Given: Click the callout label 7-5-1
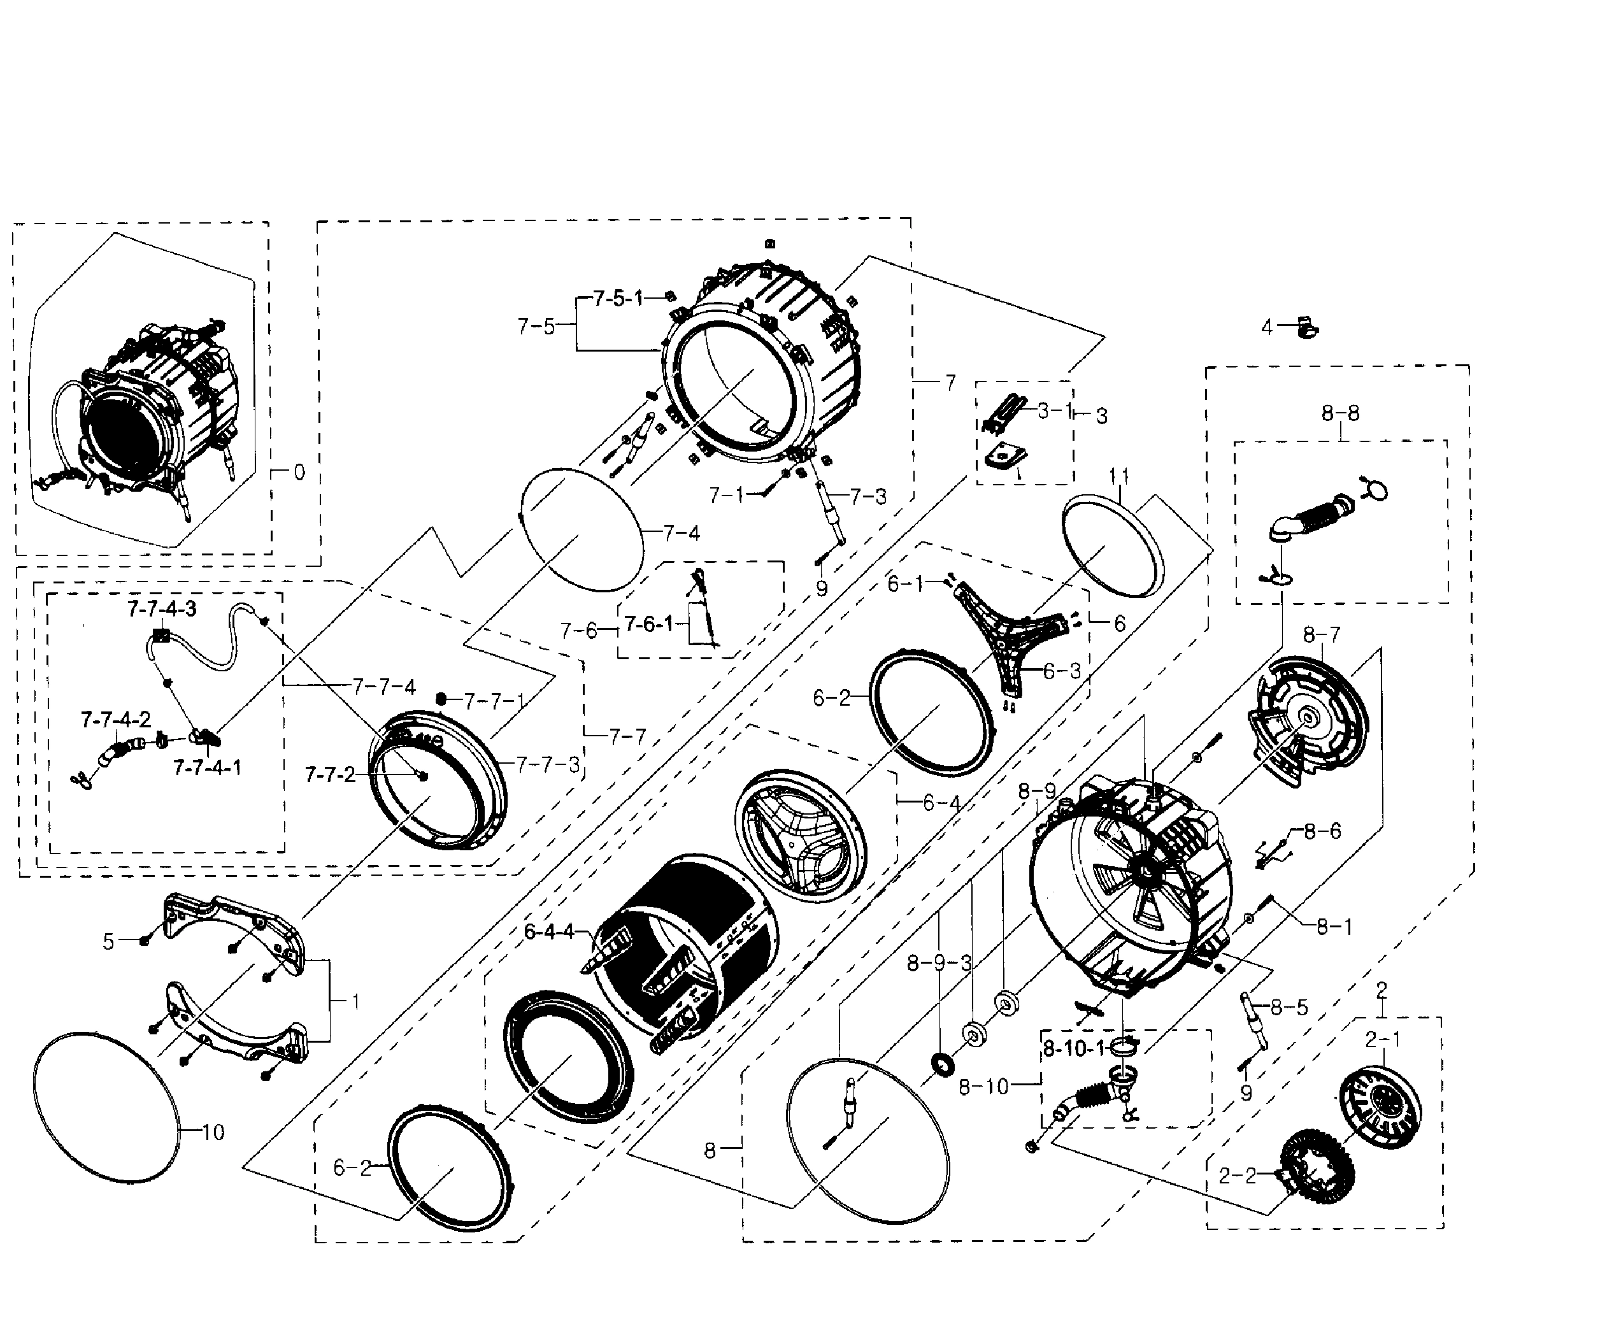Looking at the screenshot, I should click(618, 299).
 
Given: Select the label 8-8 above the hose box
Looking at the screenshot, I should click(1340, 413).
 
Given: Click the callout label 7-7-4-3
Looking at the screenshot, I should click(162, 609).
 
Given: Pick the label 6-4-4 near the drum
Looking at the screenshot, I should click(549, 932).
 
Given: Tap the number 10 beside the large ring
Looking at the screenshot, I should click(213, 1133).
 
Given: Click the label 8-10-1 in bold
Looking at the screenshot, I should click(1074, 1049).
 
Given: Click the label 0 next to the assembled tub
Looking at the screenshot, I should click(299, 473).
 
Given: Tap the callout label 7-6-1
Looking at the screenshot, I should click(648, 624).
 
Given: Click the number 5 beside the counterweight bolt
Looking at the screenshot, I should click(109, 941).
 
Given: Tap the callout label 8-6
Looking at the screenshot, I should click(1323, 831).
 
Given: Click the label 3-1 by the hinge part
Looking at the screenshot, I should click(1054, 411).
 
